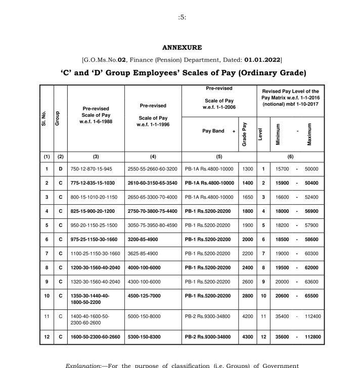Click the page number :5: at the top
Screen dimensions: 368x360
[x=182, y=17]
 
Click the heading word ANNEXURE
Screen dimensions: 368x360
[x=182, y=48]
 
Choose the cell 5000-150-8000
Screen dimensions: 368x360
[x=144, y=316]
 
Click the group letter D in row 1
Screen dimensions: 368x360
[x=61, y=168]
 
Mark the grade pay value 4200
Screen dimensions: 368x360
[x=245, y=316]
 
